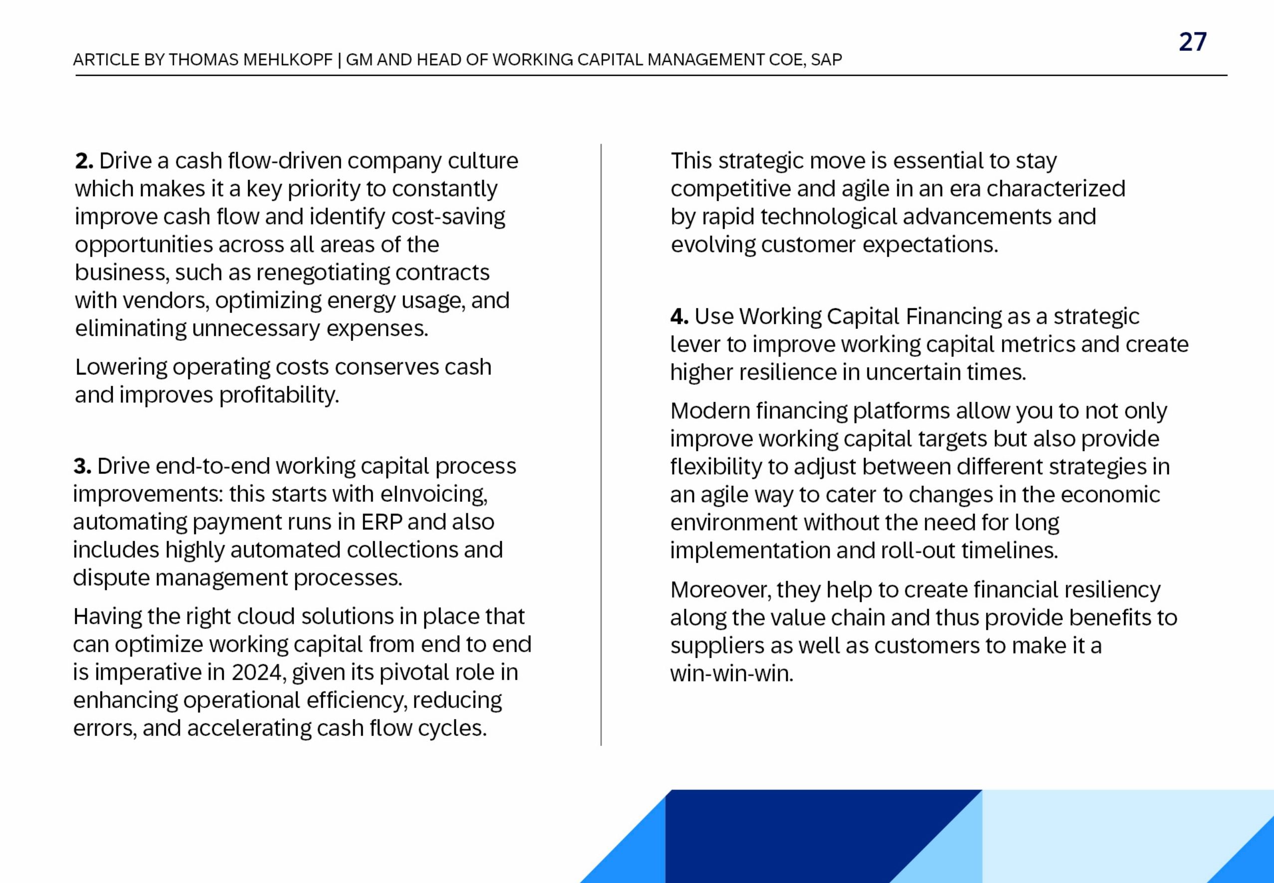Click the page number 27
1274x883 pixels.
(1192, 42)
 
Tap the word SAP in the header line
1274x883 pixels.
(827, 60)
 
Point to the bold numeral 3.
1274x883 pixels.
(82, 466)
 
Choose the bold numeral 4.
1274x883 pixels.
(679, 316)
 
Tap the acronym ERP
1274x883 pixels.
(382, 522)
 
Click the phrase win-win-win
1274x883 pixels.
(731, 674)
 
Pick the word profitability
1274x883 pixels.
(279, 395)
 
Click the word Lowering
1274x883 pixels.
(121, 367)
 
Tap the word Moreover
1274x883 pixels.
(720, 590)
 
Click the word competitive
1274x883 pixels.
(730, 189)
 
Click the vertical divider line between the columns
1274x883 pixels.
(601, 442)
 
